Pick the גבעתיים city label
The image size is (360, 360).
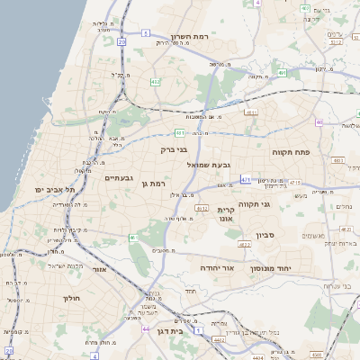[x=120, y=177]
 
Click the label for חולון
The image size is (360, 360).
[x=71, y=298]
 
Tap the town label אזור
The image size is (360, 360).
[x=100, y=269]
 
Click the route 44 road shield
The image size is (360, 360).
[x=147, y=329]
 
